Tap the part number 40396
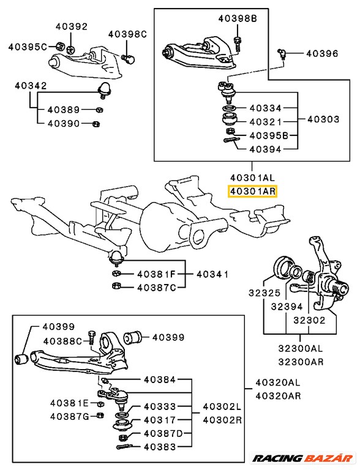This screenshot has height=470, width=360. (321, 54)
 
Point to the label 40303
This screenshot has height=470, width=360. (322, 119)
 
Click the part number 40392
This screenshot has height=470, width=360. (72, 26)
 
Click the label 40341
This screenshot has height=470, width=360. (212, 274)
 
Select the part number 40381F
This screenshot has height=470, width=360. (156, 274)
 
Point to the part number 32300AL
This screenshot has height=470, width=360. (299, 348)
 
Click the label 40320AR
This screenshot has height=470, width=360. (278, 395)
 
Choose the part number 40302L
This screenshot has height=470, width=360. (222, 406)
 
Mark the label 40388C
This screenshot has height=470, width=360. (63, 341)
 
